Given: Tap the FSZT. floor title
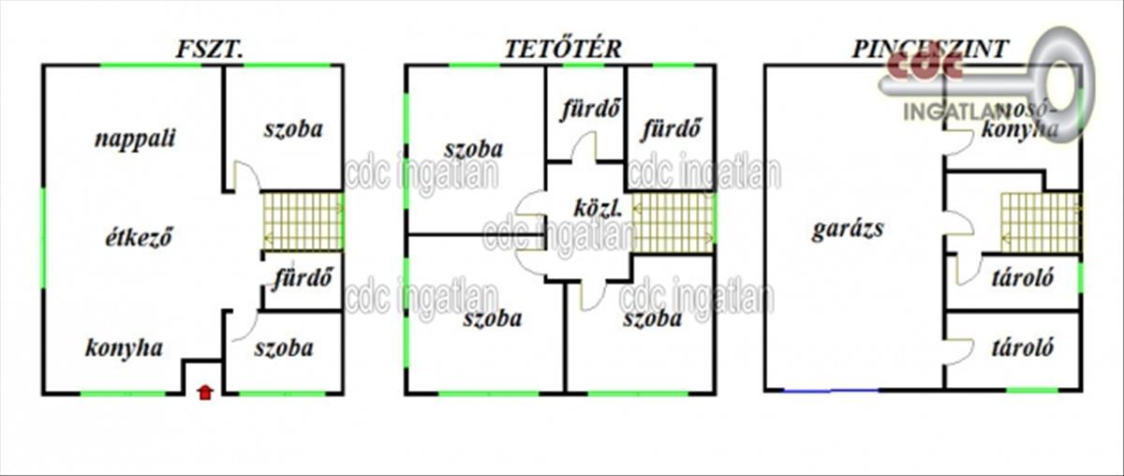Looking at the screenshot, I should [209, 50].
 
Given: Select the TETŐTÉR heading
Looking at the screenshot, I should [562, 50].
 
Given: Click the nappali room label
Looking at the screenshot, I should [136, 139].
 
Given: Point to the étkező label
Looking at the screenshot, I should [139, 236].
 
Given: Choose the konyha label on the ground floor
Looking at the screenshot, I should [124, 348].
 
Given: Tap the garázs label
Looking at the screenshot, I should [848, 230].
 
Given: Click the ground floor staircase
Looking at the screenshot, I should [302, 221].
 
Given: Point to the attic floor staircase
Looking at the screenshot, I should [673, 222].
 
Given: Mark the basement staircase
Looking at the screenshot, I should [1039, 222].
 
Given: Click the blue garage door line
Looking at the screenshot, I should [832, 390].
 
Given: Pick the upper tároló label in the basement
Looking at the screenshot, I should [1023, 277].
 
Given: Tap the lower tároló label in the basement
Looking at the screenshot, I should [1023, 348].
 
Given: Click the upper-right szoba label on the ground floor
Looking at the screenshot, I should [292, 129].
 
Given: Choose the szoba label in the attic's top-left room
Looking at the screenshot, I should [473, 149].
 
